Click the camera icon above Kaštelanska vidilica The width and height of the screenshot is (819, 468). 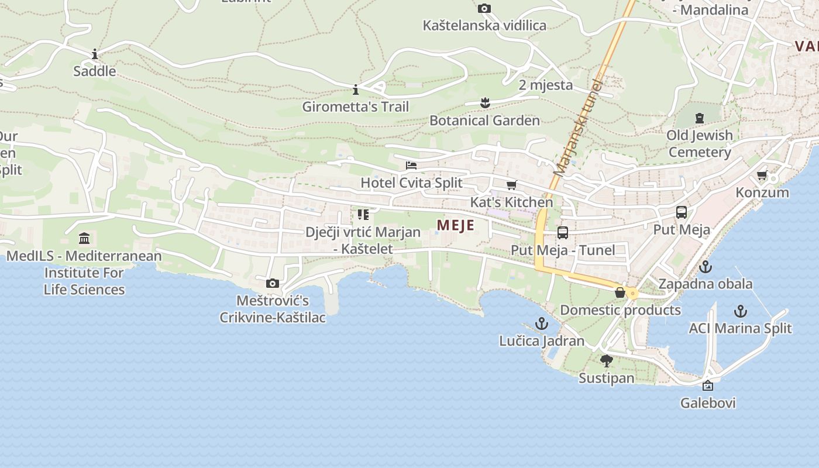click(484, 8)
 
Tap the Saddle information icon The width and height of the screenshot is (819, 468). click(95, 54)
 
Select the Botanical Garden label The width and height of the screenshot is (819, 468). click(484, 121)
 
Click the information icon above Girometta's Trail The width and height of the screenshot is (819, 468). click(356, 90)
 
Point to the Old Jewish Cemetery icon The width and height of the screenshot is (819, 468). click(699, 118)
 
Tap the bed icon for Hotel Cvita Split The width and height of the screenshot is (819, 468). click(411, 166)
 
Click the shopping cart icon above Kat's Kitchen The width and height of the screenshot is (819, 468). click(512, 185)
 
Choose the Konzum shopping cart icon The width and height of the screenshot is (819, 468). click(762, 175)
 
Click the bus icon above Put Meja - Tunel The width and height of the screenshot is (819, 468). click(563, 233)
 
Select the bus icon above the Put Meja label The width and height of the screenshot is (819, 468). click(682, 212)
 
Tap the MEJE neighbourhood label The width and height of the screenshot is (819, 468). click(456, 225)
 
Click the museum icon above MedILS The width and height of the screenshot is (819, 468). click(84, 239)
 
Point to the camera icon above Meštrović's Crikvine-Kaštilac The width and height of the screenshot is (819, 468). click(273, 284)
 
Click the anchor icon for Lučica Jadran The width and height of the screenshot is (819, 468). click(542, 324)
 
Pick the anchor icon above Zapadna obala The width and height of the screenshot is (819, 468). click(706, 267)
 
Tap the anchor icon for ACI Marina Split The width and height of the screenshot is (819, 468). click(741, 311)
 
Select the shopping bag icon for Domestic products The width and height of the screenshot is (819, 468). click(620, 292)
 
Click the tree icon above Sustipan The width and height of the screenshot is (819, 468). click(607, 360)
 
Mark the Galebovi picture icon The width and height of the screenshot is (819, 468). click(708, 386)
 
